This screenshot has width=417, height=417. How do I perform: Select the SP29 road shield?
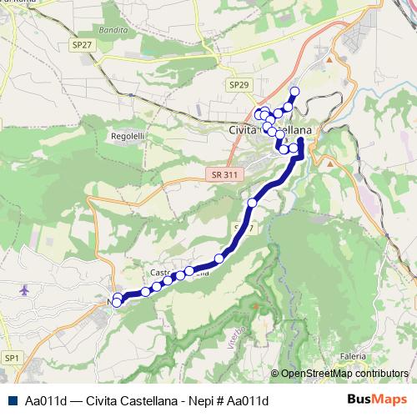[x=238, y=85]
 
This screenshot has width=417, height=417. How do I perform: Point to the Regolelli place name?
[x=128, y=133]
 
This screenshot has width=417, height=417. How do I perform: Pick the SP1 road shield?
[x=12, y=358]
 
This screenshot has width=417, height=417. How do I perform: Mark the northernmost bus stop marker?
[x=294, y=91]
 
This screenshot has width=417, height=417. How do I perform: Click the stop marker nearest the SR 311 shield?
[x=253, y=203]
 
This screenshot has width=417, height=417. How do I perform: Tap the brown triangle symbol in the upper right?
[x=329, y=60]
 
